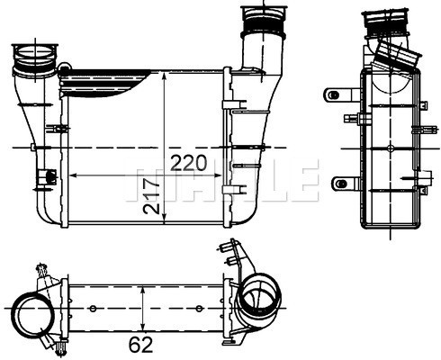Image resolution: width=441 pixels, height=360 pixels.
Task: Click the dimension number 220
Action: click(x=188, y=163)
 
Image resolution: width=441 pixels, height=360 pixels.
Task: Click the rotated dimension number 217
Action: click(x=151, y=196)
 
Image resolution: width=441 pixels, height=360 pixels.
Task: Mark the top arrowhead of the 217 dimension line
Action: click(x=164, y=78)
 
